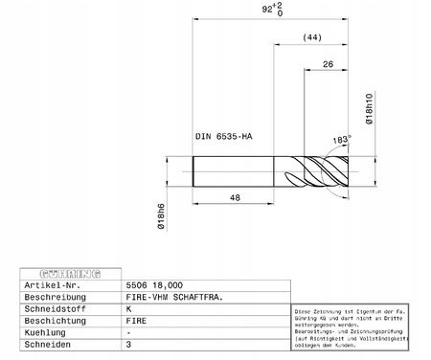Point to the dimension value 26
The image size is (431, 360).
point(329,65)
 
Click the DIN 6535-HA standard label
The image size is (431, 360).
point(223,137)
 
